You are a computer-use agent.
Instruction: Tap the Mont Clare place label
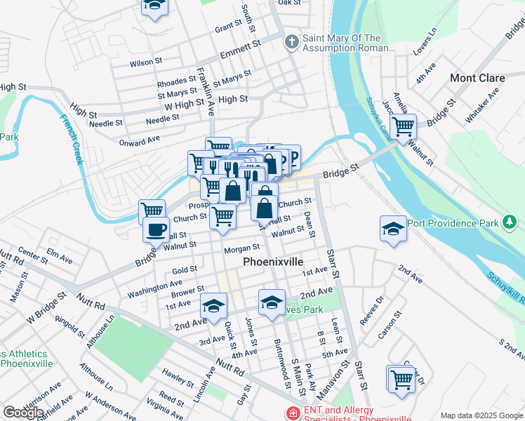[x=477, y=78]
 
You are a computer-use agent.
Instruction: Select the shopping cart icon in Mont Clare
[x=403, y=127]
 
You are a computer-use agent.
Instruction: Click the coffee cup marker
[x=156, y=229]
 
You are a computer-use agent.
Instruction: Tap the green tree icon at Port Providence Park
[x=510, y=223]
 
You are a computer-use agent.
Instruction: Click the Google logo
[x=23, y=413]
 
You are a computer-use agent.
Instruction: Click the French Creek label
[x=72, y=139]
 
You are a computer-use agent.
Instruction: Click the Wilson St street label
[x=146, y=63]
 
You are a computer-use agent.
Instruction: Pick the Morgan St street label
[x=241, y=249]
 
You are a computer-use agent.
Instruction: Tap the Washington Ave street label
[x=145, y=288]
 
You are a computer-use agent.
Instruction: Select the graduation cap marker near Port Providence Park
[x=393, y=228]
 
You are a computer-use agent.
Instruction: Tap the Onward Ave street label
[x=139, y=141]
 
